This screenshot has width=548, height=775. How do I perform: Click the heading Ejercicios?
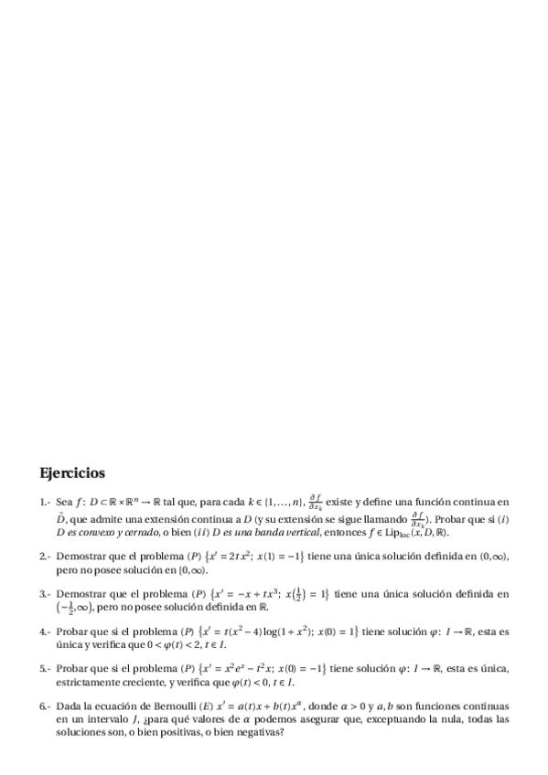click(72, 473)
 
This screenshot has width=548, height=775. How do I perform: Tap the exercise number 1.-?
click(45, 502)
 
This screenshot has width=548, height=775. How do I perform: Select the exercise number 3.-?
click(45, 593)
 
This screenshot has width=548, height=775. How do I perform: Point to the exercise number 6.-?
click(45, 706)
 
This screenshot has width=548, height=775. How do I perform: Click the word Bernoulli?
click(169, 706)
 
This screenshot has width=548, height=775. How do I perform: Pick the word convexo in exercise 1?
click(103, 531)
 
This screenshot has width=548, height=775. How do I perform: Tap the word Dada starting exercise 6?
click(68, 706)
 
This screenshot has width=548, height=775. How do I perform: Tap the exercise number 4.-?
click(45, 631)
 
